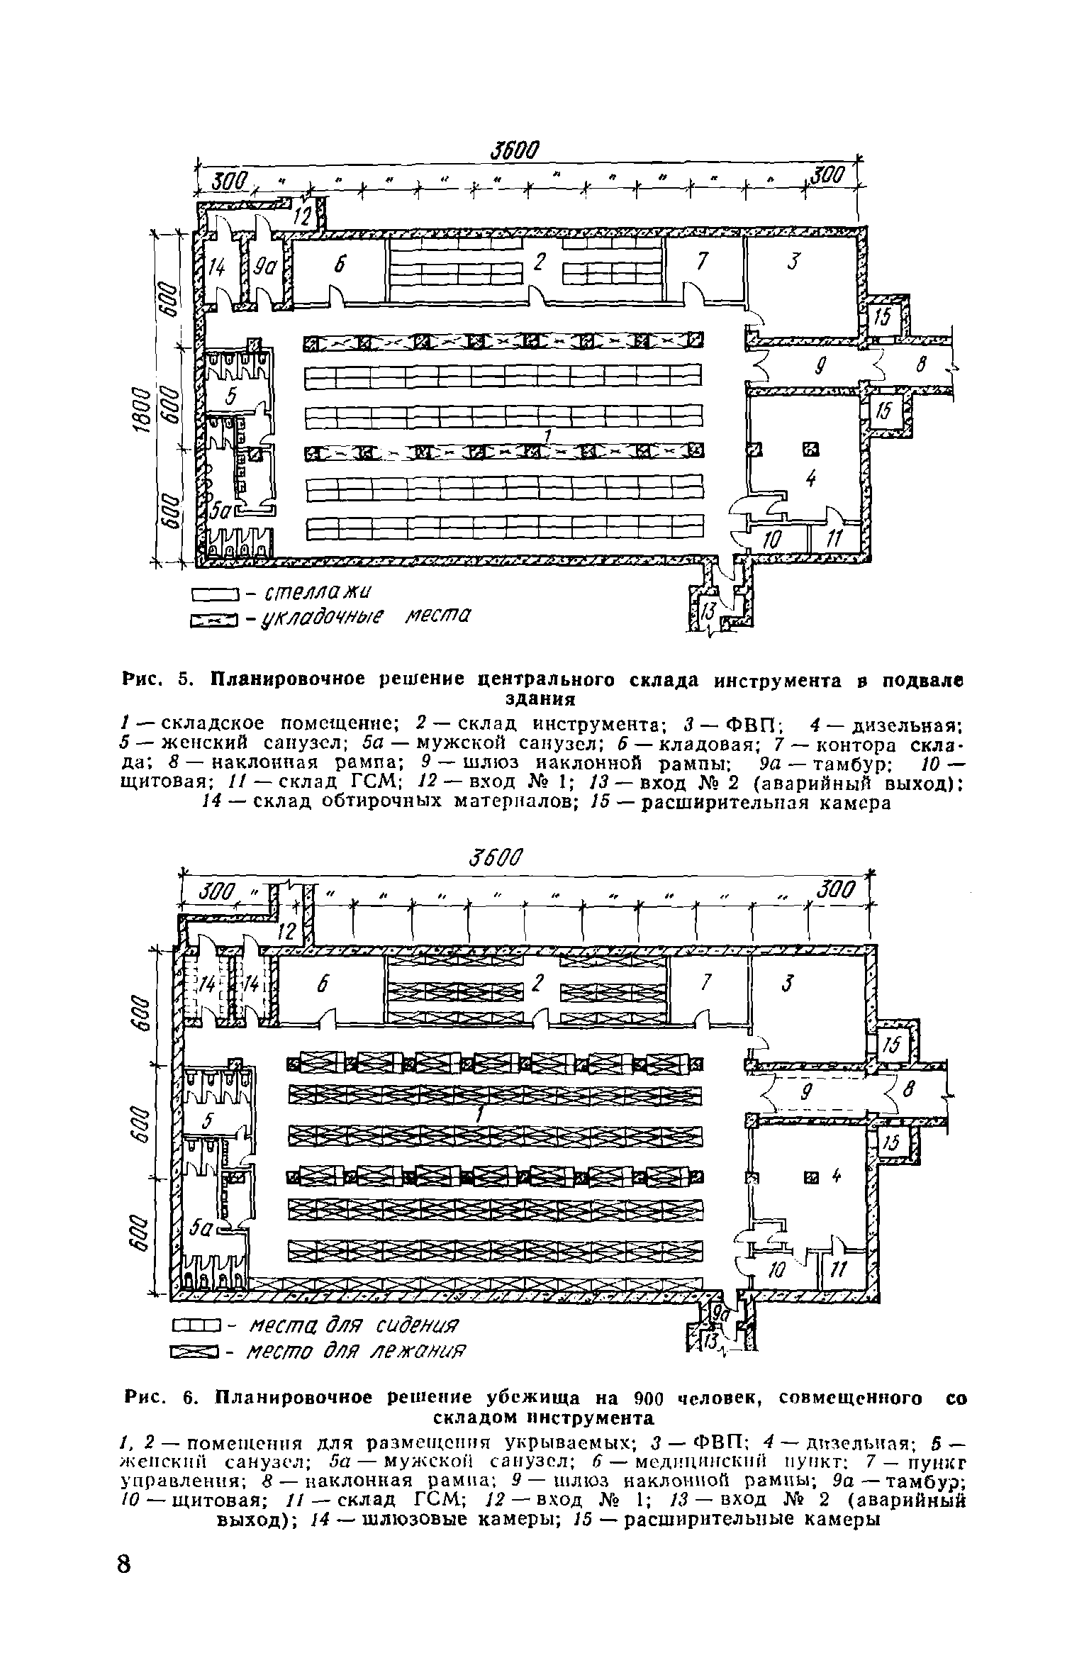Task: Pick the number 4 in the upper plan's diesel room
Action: (811, 480)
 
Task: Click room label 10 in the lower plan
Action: (777, 1271)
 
